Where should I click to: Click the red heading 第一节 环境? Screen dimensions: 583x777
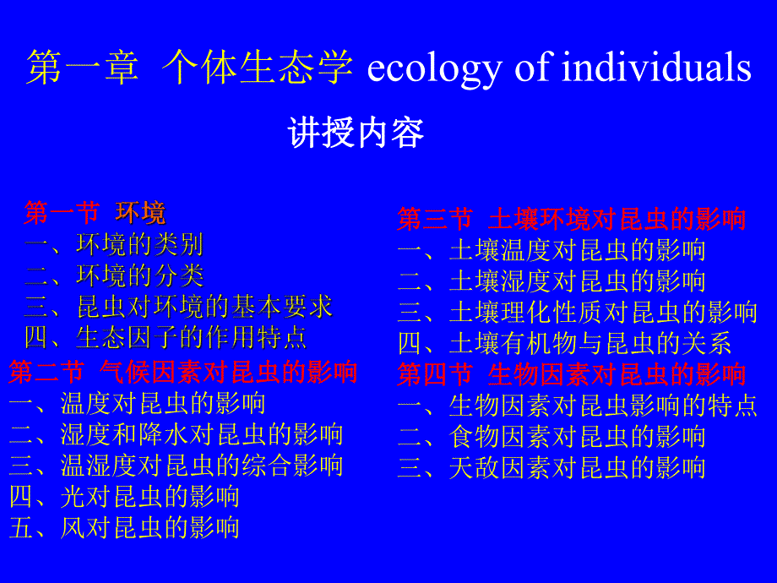95,213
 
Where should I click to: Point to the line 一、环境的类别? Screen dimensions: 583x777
113,245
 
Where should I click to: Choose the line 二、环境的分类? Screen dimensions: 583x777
113,275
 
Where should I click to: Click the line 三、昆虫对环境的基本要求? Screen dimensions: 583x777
178,307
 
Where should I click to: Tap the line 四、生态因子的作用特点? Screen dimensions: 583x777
165,338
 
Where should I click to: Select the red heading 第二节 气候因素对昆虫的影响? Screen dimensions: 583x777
183,372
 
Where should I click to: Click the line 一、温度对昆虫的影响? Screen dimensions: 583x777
137,403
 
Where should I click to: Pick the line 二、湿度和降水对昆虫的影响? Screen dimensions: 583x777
176,434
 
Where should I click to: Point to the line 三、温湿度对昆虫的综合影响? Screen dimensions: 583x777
176,466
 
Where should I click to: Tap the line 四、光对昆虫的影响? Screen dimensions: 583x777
124,497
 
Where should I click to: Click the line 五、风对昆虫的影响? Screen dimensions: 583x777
124,528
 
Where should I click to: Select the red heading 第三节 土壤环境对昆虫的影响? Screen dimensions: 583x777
572,219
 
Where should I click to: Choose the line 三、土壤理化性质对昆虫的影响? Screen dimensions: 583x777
578,312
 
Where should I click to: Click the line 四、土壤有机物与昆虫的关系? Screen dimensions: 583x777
564,343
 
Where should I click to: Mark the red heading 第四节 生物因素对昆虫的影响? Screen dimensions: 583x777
572,373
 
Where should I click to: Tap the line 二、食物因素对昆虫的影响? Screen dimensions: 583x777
552,437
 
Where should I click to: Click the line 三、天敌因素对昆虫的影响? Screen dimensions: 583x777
552,468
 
